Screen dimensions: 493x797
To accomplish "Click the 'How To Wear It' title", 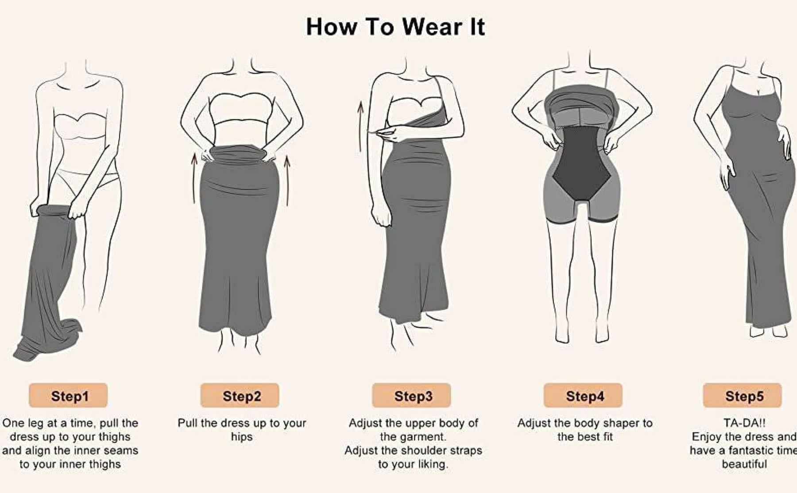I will click(x=395, y=27).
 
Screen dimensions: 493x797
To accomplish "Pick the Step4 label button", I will click(x=583, y=396).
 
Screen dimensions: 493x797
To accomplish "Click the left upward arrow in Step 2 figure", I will click(x=193, y=177).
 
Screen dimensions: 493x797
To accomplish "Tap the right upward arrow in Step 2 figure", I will click(x=287, y=177).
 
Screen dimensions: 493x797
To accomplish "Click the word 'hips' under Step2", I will click(x=242, y=437).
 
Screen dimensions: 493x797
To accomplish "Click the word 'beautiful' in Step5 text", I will click(x=744, y=464).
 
